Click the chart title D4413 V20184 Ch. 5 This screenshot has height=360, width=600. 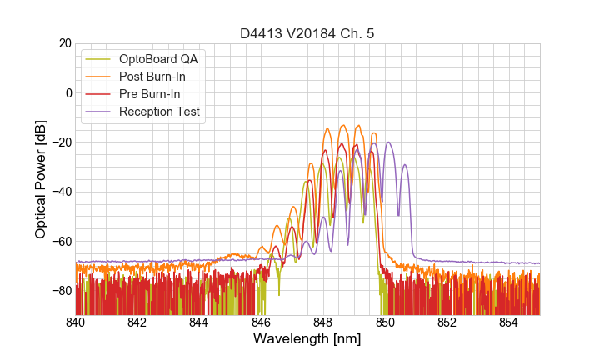307,34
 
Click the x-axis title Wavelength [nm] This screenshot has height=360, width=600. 307,339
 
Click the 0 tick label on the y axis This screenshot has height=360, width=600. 68,92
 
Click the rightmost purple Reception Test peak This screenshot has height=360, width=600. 405,165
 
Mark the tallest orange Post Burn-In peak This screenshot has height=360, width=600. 358,126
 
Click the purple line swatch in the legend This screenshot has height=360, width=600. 100,112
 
